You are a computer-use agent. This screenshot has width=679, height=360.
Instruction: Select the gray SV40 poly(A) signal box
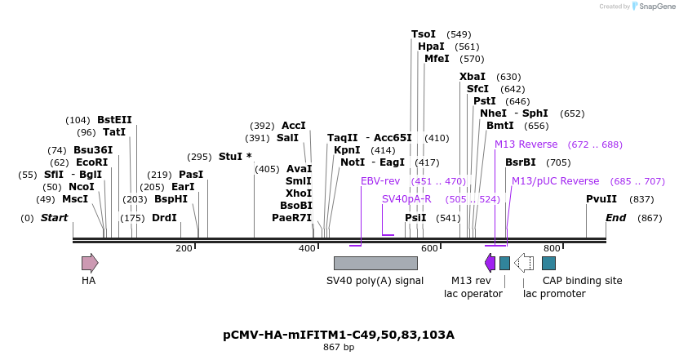tap(375, 263)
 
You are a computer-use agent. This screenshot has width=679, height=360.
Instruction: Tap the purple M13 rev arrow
tap(490, 263)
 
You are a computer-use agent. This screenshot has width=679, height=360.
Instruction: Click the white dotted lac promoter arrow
tap(524, 263)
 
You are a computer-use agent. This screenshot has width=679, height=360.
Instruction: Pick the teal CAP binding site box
tap(549, 263)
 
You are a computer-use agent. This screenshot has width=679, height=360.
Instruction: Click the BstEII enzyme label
tap(114, 120)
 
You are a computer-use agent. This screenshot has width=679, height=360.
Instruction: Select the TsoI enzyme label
tap(424, 34)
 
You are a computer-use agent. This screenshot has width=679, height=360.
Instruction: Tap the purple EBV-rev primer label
tap(380, 181)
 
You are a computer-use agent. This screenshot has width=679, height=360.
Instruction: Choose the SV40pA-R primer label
tap(406, 199)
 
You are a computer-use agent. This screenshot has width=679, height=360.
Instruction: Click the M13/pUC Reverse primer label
tap(555, 181)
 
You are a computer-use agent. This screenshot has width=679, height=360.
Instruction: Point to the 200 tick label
tap(184, 248)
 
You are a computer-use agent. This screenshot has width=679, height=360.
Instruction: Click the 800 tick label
tap(551, 248)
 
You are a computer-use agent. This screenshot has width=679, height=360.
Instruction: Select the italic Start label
tap(54, 218)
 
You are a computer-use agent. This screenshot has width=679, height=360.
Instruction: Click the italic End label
tap(615, 218)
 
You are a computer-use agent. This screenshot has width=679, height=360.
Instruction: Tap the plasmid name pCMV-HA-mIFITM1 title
tap(339, 335)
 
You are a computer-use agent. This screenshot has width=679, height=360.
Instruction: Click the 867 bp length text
tap(339, 348)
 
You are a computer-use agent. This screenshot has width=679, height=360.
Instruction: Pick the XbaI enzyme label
tap(473, 77)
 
